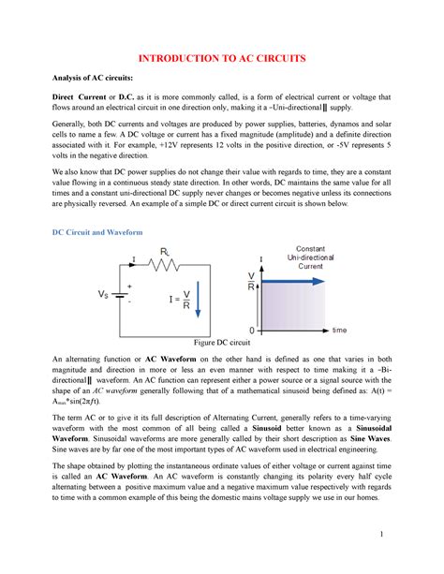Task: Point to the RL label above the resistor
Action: (164, 250)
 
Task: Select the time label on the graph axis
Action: (340, 331)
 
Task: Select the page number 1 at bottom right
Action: (409, 559)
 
